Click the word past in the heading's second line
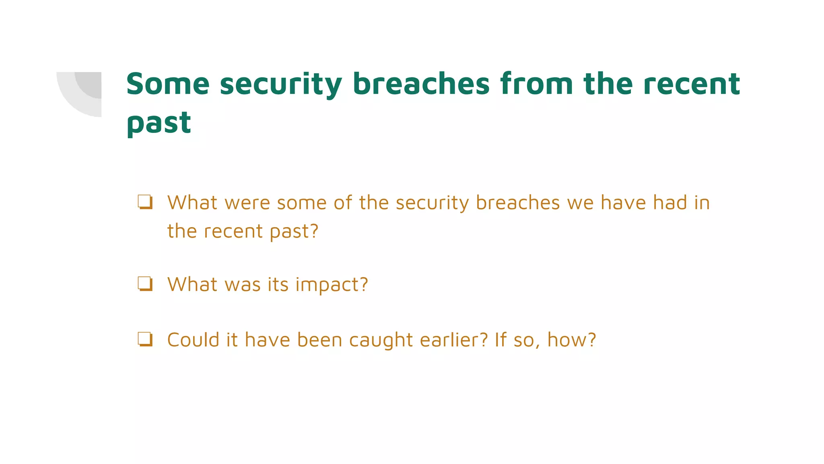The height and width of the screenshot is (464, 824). coord(159,123)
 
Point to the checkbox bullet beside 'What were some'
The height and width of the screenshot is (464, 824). coord(145,202)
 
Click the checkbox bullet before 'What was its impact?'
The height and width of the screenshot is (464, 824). coord(145,284)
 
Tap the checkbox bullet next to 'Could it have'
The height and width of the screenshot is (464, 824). coord(145,339)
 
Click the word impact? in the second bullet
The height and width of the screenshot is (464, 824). coord(332,285)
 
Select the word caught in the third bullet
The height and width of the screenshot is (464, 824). coord(381,340)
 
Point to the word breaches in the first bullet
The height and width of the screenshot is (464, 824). coord(518,203)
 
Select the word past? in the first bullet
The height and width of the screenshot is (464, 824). coord(294,232)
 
